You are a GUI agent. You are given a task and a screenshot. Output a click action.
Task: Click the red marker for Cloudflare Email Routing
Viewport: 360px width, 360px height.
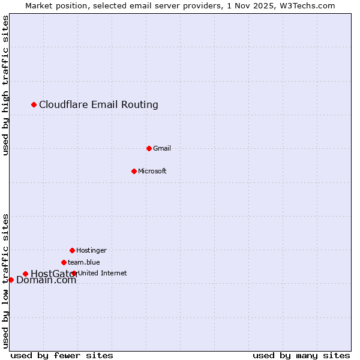click(34, 105)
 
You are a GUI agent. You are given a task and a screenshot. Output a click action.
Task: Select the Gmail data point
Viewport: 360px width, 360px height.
click(149, 148)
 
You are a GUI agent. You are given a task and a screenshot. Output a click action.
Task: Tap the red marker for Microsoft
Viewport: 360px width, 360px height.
click(134, 171)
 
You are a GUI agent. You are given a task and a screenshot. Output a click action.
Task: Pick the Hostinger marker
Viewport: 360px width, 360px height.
click(72, 250)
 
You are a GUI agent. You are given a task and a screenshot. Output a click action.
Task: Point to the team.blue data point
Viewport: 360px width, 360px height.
click(64, 262)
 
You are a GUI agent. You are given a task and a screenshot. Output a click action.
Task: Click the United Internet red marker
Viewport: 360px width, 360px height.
click(74, 274)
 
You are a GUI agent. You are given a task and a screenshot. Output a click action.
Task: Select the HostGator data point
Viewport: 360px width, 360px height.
click(25, 274)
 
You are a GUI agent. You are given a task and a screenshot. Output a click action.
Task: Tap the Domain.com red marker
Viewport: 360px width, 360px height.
click(11, 280)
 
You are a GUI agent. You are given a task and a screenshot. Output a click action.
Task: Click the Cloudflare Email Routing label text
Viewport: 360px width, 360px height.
click(98, 105)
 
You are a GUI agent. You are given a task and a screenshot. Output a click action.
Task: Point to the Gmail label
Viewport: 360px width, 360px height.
click(162, 148)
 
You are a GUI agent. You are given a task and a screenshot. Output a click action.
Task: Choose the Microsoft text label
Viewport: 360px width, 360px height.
click(152, 171)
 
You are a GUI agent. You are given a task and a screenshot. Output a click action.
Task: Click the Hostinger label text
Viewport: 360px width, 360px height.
click(91, 250)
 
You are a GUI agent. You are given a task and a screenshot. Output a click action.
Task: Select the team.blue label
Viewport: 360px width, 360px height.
click(84, 262)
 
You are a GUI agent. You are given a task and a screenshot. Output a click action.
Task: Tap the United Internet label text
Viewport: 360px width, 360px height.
click(103, 273)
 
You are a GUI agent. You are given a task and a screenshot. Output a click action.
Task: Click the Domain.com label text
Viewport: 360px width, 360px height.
click(46, 280)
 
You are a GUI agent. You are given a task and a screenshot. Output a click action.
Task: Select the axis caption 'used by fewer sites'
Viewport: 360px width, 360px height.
click(62, 355)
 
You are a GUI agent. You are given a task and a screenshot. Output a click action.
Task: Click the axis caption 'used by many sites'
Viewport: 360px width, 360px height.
click(301, 355)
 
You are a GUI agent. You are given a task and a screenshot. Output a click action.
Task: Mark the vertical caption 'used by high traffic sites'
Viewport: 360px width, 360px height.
click(6, 85)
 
